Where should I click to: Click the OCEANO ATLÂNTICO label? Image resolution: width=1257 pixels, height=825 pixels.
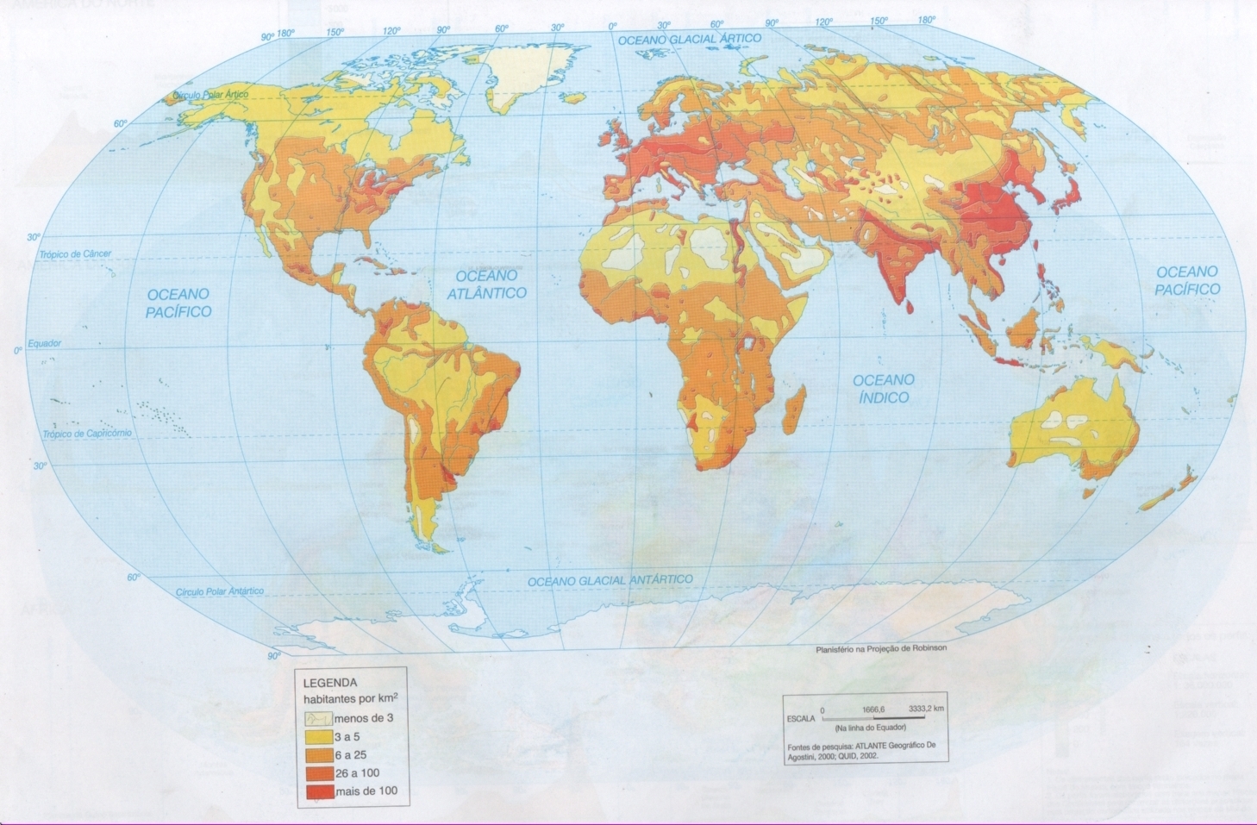(x=486, y=284)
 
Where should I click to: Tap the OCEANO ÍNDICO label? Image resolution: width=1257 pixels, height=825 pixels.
(x=883, y=389)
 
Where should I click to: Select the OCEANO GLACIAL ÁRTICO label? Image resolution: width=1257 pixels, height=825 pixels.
(x=690, y=39)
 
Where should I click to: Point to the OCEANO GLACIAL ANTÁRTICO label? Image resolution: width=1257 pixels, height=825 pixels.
(x=610, y=581)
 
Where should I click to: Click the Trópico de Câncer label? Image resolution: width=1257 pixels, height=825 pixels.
(x=75, y=254)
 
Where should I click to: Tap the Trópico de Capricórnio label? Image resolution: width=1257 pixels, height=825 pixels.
(x=87, y=434)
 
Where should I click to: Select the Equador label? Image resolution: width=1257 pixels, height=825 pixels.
(x=44, y=343)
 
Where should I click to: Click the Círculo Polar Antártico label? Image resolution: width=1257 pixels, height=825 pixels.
(x=220, y=592)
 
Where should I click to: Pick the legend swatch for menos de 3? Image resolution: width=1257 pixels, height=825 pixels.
(x=316, y=718)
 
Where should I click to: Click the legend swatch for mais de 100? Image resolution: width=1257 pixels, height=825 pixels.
(x=316, y=791)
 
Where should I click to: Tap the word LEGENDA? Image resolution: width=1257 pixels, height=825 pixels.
(x=329, y=683)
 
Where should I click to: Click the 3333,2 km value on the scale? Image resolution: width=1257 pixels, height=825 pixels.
(x=926, y=709)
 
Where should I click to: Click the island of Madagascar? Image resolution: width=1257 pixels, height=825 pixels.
(x=794, y=409)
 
